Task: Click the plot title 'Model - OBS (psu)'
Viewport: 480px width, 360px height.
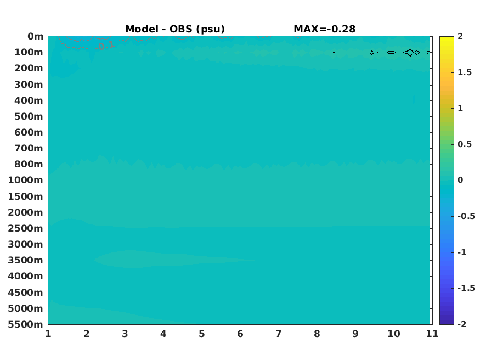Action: (175, 29)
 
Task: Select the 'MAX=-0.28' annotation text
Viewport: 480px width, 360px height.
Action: (325, 29)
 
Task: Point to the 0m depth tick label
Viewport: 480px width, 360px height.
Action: (36, 36)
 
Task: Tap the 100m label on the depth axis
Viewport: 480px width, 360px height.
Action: (29, 52)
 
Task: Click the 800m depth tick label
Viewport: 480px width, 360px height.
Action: (29, 164)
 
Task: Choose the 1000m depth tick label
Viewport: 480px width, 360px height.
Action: (25, 180)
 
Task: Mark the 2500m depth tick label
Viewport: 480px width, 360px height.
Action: (25, 228)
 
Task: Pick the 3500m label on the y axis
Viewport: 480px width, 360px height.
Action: (25, 260)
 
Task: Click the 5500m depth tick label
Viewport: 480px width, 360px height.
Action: (25, 324)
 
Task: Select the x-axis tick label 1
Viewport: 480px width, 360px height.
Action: (48, 334)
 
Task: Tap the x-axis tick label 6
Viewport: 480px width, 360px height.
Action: (240, 334)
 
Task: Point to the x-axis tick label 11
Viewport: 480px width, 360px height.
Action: (432, 334)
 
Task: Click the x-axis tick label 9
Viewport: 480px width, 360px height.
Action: (355, 334)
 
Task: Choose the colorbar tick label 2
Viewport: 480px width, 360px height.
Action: (460, 36)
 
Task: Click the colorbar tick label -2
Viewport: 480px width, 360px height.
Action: (462, 324)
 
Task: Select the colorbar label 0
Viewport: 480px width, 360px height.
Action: (460, 180)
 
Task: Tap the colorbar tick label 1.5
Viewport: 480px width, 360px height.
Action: (465, 72)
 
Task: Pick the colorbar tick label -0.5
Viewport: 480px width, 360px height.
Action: (466, 216)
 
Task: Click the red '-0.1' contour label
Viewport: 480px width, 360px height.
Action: (105, 46)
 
